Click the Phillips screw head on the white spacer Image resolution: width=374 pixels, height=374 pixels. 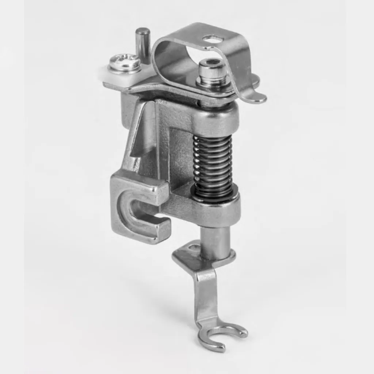click(x=125, y=63)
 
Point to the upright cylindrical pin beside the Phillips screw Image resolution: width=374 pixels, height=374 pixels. click(x=142, y=44)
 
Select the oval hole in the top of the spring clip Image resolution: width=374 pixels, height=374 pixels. click(x=213, y=39)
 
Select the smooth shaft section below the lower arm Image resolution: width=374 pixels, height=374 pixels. click(x=215, y=241)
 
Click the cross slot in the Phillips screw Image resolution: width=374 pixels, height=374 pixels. click(x=125, y=61)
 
